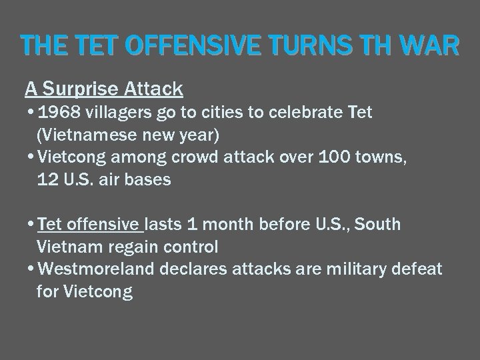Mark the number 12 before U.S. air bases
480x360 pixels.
(x=51, y=180)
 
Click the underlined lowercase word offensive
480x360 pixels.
(x=105, y=225)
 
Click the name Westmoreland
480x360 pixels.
(x=98, y=269)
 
